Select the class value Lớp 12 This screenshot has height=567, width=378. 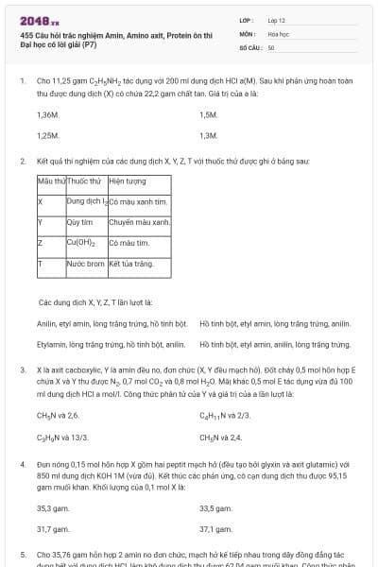(x=277, y=19)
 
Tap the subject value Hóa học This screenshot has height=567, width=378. (x=278, y=33)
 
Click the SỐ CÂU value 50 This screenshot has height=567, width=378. (x=271, y=46)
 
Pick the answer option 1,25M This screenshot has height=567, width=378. (x=47, y=135)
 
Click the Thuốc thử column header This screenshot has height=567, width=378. (x=84, y=180)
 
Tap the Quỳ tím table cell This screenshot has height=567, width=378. (x=78, y=222)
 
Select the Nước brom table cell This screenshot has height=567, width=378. (x=84, y=265)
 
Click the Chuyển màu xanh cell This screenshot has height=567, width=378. (x=139, y=222)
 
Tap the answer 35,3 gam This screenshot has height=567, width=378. (x=53, y=507)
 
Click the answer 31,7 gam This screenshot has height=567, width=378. (x=53, y=529)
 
